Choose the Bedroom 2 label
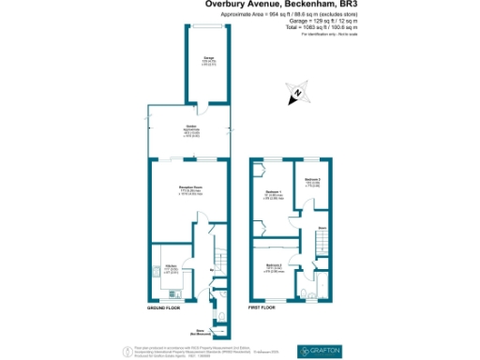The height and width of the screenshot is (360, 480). tap(273, 267)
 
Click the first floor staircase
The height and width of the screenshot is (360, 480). tap(322, 246)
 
